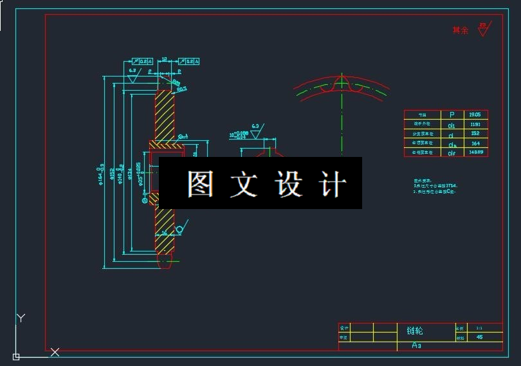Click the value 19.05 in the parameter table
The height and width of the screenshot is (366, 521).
point(475,114)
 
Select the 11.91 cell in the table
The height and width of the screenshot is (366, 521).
point(475,124)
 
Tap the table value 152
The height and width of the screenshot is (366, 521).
point(475,133)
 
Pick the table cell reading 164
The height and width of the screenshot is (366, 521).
point(475,143)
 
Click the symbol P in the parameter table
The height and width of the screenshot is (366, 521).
point(452,114)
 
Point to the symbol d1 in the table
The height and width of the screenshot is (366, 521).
point(452,124)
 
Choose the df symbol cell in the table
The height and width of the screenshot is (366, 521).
point(452,153)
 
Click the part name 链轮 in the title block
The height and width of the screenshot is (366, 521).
point(415,331)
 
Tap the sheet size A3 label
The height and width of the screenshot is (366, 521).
point(417,345)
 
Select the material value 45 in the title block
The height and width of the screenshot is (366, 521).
point(479,337)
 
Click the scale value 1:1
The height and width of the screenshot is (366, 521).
point(479,327)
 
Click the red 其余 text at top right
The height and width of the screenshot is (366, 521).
point(461,30)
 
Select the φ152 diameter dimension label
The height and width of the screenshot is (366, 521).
point(111,174)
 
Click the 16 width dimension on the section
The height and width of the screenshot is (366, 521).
point(164,233)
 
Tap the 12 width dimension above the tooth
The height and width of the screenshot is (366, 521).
point(164,59)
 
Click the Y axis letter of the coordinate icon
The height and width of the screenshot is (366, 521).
point(21,318)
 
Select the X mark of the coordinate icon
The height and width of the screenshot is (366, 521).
point(55,352)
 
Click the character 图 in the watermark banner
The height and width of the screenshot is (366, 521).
point(201,184)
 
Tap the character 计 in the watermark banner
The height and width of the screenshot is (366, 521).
point(333,184)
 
